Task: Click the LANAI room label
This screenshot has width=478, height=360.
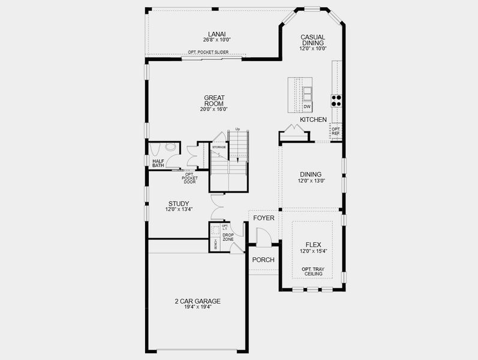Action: (217, 34)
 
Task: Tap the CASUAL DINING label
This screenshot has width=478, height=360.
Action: (312, 40)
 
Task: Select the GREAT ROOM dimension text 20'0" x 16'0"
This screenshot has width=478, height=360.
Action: (214, 109)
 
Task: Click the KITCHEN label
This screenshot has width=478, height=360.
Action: (313, 120)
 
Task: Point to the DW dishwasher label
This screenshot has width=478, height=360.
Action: (306, 107)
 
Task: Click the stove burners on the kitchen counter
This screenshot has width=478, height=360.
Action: (336, 100)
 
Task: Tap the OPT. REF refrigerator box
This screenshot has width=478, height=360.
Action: (336, 131)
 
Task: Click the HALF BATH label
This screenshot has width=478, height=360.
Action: (158, 163)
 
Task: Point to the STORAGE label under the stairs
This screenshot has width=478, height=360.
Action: (219, 146)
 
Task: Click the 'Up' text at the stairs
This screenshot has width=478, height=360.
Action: (238, 129)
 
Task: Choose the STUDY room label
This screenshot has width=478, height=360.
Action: (178, 204)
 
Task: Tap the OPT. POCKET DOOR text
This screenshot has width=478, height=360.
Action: (190, 178)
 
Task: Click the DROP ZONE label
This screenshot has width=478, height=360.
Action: (228, 237)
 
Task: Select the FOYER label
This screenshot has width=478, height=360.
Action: (263, 218)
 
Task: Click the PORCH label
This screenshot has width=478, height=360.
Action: (263, 260)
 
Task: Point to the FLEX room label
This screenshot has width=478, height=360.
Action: (314, 245)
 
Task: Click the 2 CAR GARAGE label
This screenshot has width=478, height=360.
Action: (197, 301)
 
